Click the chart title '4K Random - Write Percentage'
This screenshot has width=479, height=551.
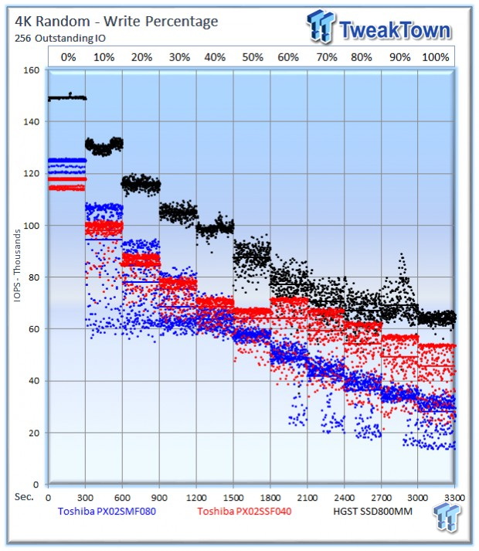[x=117, y=22]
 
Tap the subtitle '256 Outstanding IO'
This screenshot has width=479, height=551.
[x=60, y=38]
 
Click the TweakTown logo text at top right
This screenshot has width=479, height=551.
[x=395, y=30]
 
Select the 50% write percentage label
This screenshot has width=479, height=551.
[x=253, y=57]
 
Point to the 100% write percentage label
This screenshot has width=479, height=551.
[x=436, y=57]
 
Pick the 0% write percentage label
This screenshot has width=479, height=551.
[x=68, y=57]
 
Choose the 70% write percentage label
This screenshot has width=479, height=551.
[x=327, y=57]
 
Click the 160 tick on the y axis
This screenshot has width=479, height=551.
[x=31, y=70]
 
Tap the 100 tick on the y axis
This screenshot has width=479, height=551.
[x=31, y=225]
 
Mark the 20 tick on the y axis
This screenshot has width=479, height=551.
[x=34, y=433]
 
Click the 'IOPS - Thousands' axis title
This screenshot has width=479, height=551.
[x=17, y=266]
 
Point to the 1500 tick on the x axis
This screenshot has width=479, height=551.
[x=233, y=498]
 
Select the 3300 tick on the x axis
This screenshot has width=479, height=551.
[x=454, y=498]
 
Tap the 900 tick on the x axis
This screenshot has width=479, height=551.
[x=159, y=498]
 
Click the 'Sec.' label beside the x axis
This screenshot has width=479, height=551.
[x=24, y=497]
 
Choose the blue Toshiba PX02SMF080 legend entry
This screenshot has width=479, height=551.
[x=107, y=511]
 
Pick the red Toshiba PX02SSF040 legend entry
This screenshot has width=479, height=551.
[x=244, y=511]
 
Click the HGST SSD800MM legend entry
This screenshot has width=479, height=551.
[x=372, y=511]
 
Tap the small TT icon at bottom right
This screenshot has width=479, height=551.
[x=447, y=516]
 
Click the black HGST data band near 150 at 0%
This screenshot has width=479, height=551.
[x=67, y=97]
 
